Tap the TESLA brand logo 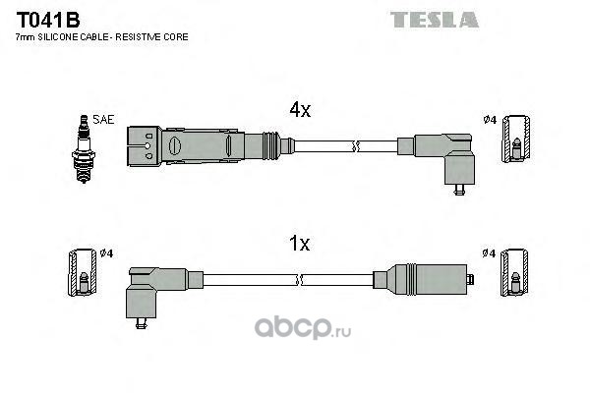click(433, 19)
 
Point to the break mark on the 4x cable click(357, 147)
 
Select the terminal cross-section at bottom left click(84, 275)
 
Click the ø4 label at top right click(489, 120)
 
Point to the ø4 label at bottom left click(106, 253)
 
